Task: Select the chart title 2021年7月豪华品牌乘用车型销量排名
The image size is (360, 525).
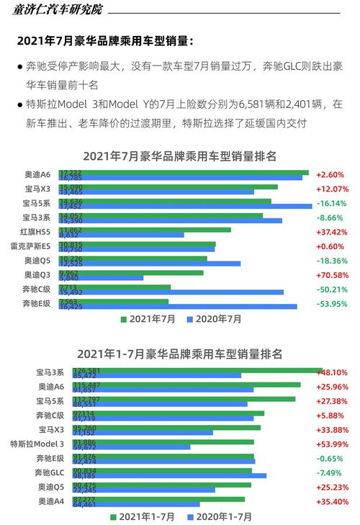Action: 180,156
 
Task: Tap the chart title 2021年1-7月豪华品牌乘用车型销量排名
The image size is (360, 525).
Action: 180,354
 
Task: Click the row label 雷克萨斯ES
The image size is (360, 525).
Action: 30,246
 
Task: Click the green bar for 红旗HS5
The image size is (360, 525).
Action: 144,230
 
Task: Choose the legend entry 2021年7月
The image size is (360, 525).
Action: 148,318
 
